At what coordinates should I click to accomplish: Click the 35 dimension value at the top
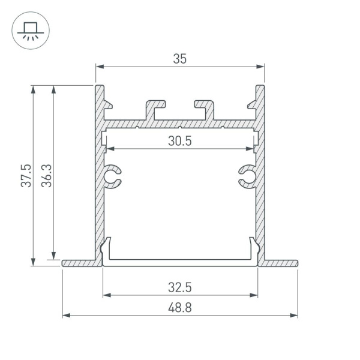(180, 59)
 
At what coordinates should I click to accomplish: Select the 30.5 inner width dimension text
(180, 141)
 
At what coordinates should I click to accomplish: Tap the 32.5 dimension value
(180, 287)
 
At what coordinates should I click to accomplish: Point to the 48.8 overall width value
(180, 307)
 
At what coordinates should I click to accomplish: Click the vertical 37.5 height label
(25, 175)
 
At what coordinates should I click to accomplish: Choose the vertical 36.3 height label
(47, 175)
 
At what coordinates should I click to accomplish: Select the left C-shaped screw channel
(112, 176)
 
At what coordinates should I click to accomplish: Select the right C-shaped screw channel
(247, 176)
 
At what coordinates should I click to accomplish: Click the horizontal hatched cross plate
(180, 124)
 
